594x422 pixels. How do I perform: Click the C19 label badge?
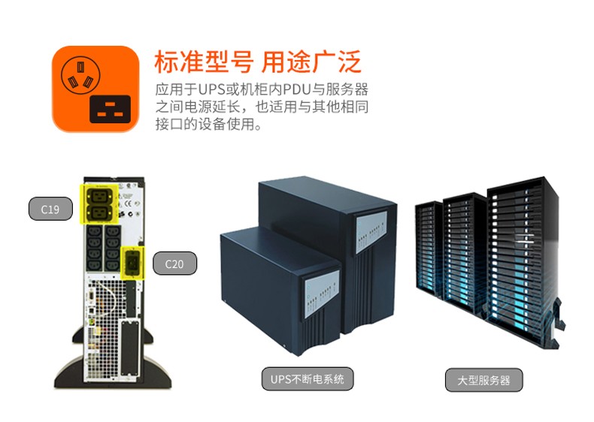(50, 209)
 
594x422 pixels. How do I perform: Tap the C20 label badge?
(174, 264)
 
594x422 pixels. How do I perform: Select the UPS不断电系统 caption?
(308, 378)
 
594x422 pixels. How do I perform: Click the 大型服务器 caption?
(483, 380)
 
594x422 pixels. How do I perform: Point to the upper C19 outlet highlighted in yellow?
(99, 196)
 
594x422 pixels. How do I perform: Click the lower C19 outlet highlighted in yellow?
(99, 213)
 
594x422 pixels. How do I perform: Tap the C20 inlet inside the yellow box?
(132, 263)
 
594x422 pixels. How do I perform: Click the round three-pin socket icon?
(80, 75)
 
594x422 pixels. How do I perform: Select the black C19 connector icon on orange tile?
(111, 109)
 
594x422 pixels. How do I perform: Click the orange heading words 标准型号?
(204, 62)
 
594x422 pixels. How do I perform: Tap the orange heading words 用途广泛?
(311, 62)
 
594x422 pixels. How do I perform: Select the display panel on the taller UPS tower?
(371, 231)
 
